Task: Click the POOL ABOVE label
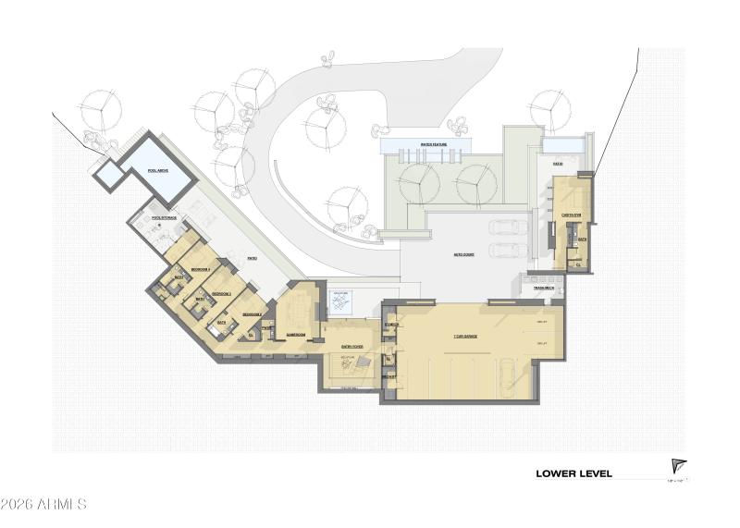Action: click(x=156, y=170)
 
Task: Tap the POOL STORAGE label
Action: click(x=164, y=217)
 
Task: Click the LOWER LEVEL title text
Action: click(x=573, y=473)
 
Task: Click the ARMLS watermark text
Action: click(x=43, y=505)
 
